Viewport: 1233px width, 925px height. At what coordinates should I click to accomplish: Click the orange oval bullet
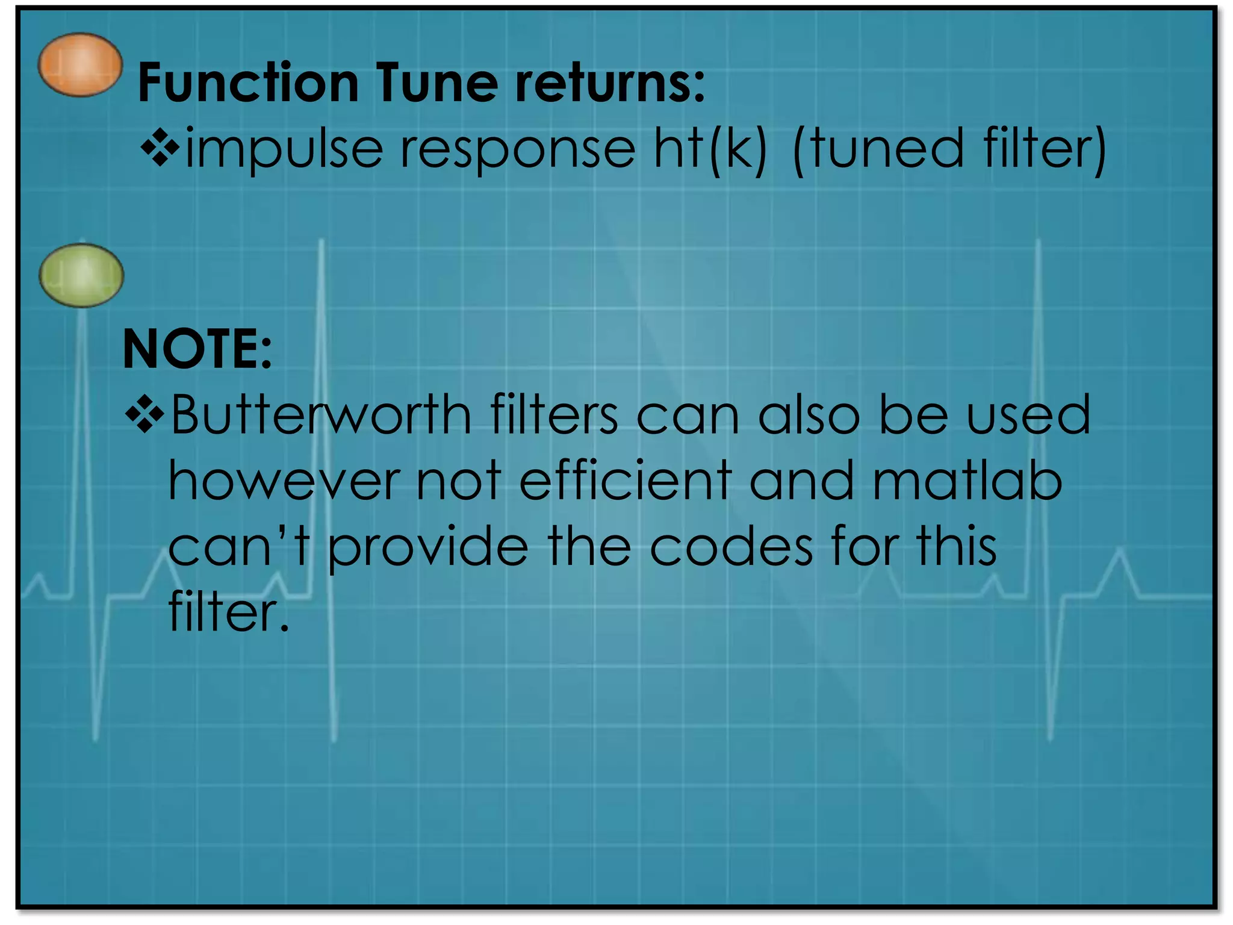[x=80, y=64]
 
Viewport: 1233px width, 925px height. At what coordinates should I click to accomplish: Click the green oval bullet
[x=81, y=275]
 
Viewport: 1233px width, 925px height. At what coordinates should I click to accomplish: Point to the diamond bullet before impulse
[x=160, y=146]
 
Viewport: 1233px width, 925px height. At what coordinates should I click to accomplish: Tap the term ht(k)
[x=710, y=149]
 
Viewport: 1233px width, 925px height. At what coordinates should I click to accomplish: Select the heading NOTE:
[x=197, y=349]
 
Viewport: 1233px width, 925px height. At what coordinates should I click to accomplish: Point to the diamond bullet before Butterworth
[x=144, y=414]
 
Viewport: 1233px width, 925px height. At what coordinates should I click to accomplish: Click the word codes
[x=731, y=547]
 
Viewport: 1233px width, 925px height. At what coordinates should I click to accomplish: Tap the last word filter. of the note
[x=229, y=612]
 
